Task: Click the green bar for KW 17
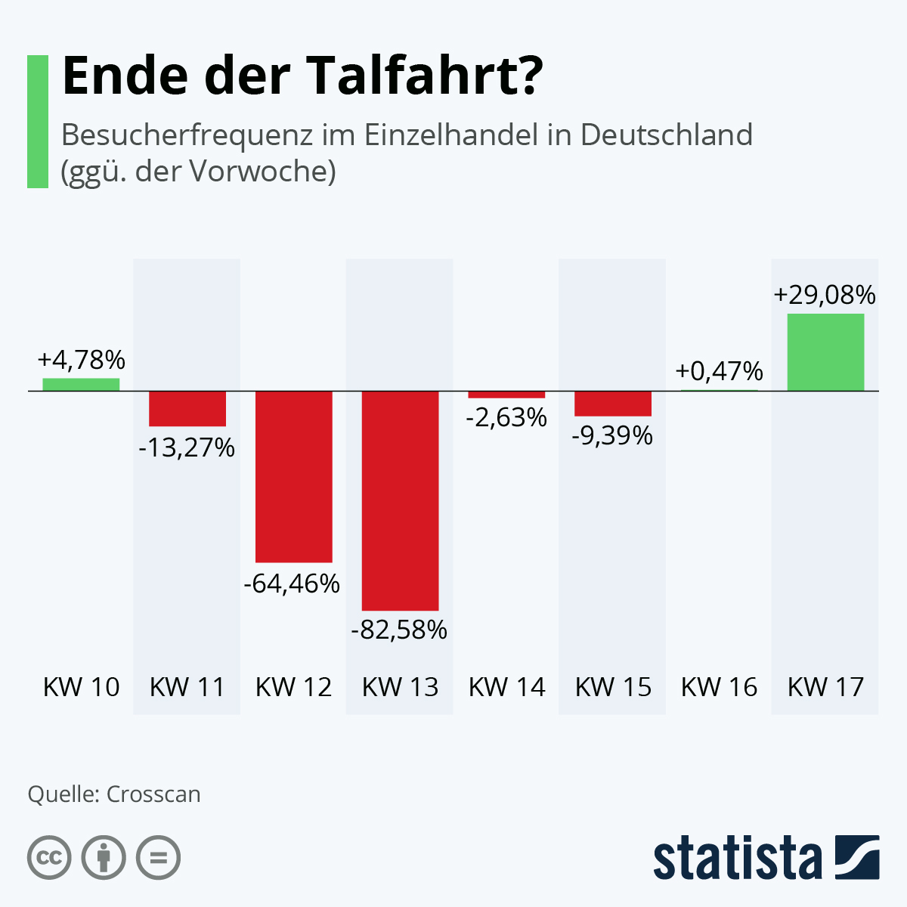tap(825, 352)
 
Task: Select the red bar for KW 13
tap(400, 500)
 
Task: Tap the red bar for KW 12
tap(294, 476)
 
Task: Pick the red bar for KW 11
tap(187, 408)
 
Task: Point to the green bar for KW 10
tap(81, 384)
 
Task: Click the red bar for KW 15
tap(613, 404)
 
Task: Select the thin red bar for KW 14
tap(506, 395)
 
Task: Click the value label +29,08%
tap(825, 295)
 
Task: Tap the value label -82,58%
tap(399, 630)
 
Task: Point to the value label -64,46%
tap(293, 584)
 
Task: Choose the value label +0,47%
tap(719, 371)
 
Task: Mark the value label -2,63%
tap(506, 416)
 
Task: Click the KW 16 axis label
tap(719, 687)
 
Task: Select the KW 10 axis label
tap(81, 687)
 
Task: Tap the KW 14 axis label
tap(506, 687)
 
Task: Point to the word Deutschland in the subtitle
tap(666, 135)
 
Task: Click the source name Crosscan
tap(153, 794)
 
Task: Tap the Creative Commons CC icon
tap(49, 858)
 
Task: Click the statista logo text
tap(738, 858)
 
